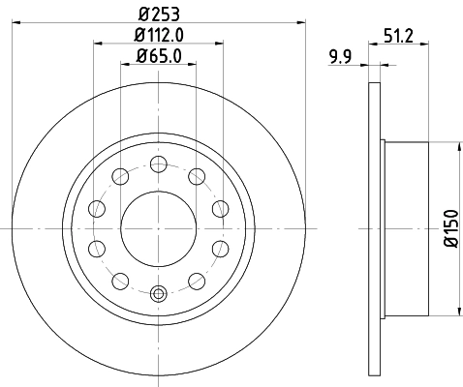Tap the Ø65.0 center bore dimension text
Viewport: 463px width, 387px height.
tap(159, 56)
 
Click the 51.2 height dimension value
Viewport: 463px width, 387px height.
tap(400, 37)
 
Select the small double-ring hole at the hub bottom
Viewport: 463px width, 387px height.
tap(158, 292)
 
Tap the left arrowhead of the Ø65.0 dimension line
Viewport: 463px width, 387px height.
tap(125, 65)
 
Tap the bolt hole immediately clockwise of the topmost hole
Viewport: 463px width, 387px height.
tap(196, 176)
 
